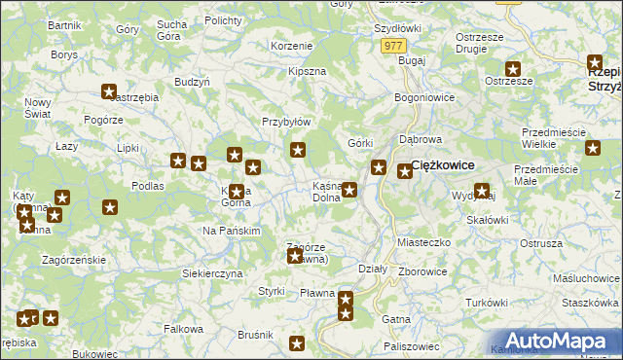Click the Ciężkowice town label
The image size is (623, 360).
[450, 165]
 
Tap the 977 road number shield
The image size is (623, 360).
[393, 46]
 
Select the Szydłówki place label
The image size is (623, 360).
[397, 29]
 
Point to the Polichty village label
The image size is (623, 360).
[224, 19]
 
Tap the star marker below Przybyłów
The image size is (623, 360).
[298, 150]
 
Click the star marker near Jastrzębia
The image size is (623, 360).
[109, 92]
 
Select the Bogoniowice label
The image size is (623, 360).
[425, 98]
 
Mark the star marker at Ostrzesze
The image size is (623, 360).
[513, 69]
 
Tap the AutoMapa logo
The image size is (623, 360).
[555, 340]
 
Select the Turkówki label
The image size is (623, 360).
[487, 304]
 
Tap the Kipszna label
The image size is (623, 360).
[307, 72]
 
